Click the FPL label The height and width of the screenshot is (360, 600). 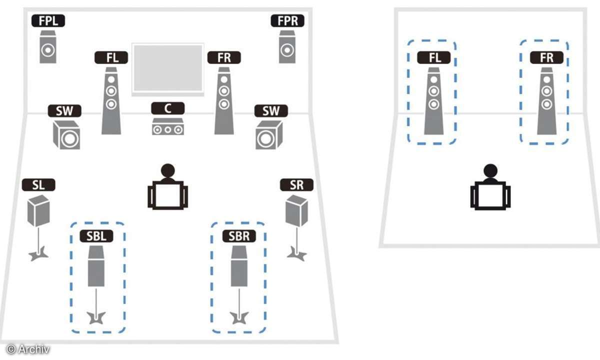pos(48,20)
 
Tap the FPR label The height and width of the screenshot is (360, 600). pos(287,20)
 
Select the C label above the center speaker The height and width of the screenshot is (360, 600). pos(168,108)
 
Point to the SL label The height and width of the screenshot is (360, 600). pos(38,185)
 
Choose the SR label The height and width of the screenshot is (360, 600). pos(296,185)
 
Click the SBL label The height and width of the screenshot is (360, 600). pos(96,235)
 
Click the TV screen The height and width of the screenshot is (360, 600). pos(168,68)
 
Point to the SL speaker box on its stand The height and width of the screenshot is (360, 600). pos(38,210)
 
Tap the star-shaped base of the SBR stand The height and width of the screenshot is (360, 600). pos(238,316)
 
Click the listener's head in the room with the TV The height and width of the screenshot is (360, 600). pos(168,170)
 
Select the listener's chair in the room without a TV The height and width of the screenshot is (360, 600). pos(490,196)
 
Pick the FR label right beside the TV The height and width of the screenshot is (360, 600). pos(224,57)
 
